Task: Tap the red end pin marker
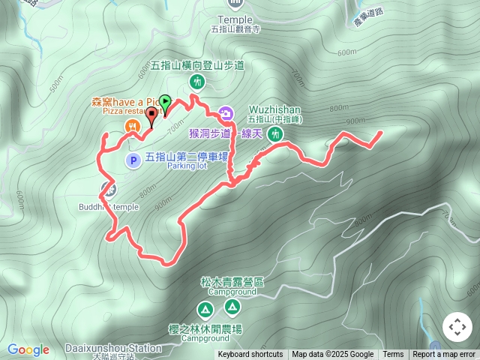[153, 115]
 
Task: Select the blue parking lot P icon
[132, 159]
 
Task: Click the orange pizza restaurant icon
[132, 125]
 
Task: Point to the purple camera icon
[226, 114]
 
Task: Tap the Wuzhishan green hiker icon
[276, 135]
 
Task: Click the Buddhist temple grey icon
[108, 187]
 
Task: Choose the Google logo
[28, 349]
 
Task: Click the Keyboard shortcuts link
[250, 355]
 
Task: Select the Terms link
[393, 355]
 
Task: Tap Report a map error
[444, 355]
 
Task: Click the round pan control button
[457, 328]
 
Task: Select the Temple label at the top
[235, 19]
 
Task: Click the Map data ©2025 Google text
[332, 355]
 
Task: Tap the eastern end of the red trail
[379, 133]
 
